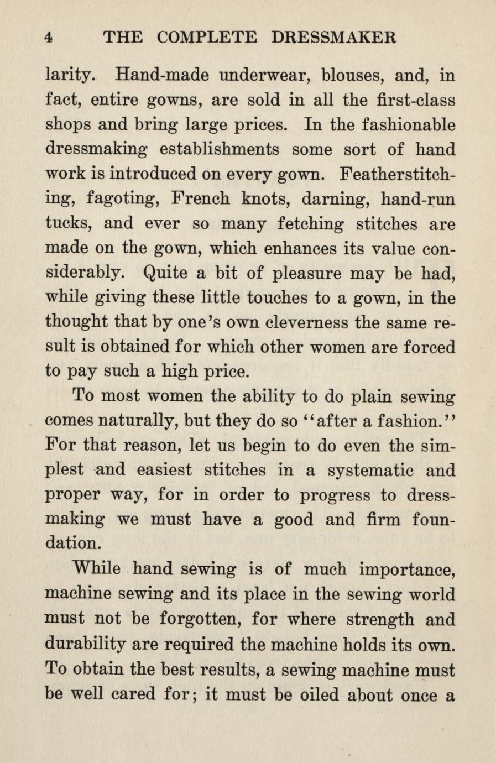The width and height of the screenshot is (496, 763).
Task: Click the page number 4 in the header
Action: click(49, 37)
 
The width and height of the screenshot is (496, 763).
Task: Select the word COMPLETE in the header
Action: click(207, 37)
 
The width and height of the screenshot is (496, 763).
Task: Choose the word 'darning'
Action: click(306, 199)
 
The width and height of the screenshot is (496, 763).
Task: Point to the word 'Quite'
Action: click(165, 273)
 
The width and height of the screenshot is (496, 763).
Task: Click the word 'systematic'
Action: click(360, 471)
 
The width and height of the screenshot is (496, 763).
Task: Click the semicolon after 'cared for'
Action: click(193, 695)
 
